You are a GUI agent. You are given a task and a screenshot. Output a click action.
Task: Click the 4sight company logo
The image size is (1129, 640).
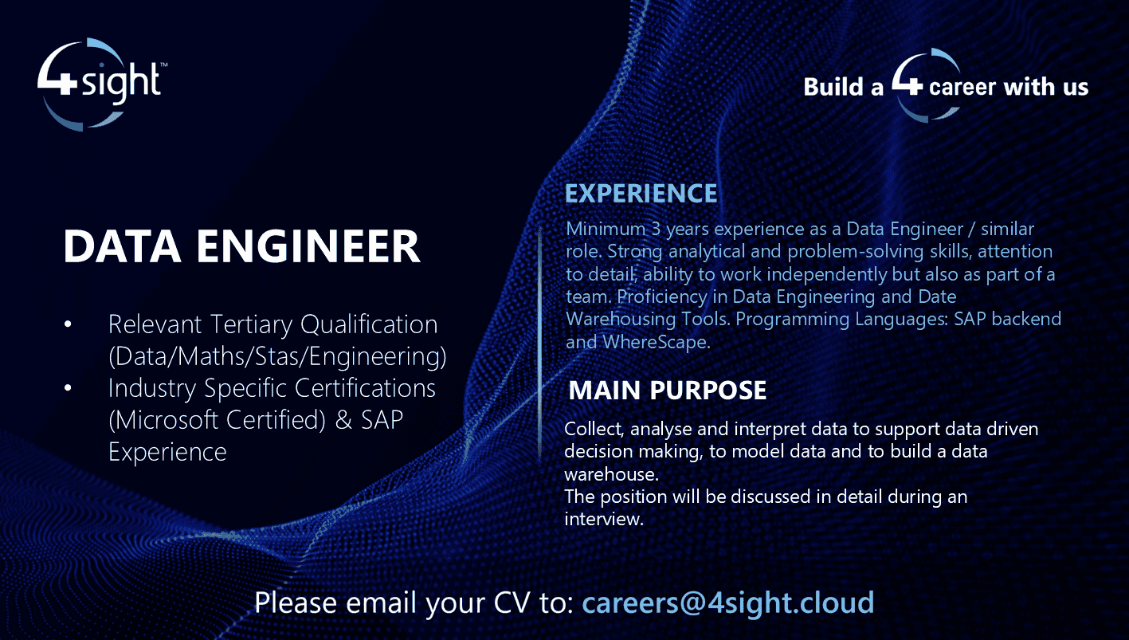(101, 83)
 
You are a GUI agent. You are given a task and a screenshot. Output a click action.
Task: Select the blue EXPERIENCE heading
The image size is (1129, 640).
(641, 194)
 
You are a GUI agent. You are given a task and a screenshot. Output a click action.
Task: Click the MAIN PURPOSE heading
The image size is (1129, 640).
(668, 391)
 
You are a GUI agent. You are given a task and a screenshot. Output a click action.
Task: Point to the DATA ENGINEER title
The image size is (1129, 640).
(241, 247)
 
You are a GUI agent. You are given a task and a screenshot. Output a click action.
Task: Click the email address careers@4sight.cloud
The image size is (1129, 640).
(728, 602)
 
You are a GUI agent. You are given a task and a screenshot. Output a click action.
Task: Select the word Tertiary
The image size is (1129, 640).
(253, 324)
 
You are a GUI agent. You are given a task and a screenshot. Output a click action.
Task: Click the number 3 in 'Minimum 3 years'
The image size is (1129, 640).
(656, 230)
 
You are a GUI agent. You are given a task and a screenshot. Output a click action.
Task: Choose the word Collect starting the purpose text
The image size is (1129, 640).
(594, 429)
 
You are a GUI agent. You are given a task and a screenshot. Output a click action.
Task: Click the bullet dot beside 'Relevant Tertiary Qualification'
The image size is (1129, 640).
(68, 324)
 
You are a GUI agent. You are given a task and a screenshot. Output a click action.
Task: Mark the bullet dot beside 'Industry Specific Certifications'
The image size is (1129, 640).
(68, 388)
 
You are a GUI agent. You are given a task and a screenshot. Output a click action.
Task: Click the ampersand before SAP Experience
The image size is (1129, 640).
(344, 420)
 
